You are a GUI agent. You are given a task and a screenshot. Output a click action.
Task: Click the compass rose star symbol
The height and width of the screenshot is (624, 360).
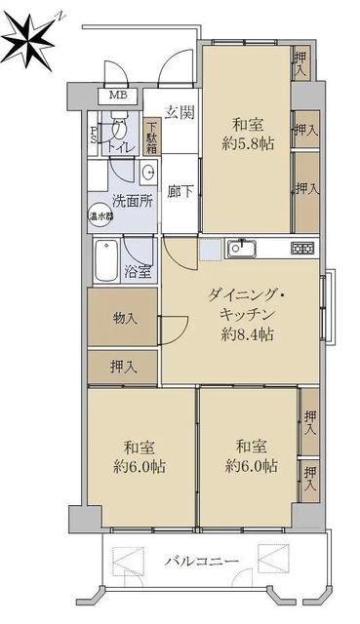pyautogui.click(x=28, y=40)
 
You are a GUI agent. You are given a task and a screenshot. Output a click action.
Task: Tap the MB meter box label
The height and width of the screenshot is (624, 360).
pyautogui.click(x=117, y=96)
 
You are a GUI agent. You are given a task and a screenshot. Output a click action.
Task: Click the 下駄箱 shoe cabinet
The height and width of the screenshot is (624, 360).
pyautogui.click(x=152, y=136)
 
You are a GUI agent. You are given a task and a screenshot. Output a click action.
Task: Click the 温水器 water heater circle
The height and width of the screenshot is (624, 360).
pyautogui.click(x=100, y=216)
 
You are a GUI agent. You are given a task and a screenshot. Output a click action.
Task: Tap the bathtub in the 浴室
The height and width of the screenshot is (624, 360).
pyautogui.click(x=106, y=260)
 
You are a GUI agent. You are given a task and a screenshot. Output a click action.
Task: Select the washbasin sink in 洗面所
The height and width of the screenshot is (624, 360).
pyautogui.click(x=149, y=173)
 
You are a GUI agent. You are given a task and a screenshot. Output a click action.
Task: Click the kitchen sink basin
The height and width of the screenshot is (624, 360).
pyautogui.click(x=241, y=249)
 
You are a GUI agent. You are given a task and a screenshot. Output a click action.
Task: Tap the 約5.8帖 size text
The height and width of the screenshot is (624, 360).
pyautogui.click(x=248, y=143)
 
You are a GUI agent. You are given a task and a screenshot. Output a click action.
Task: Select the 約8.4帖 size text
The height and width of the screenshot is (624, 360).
pyautogui.click(x=247, y=333)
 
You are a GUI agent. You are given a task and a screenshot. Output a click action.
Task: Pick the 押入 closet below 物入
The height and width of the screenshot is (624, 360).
pyautogui.click(x=123, y=368)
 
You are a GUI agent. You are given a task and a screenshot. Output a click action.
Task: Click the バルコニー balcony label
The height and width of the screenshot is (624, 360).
pyautogui.click(x=202, y=562)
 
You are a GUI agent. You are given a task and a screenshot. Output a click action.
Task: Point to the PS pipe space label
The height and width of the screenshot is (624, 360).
pyautogui.click(x=93, y=135)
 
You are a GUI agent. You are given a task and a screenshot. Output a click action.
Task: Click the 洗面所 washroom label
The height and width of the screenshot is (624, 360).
pyautogui.click(x=133, y=201)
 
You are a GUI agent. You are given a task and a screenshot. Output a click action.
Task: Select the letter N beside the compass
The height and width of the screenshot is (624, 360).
pyautogui.click(x=60, y=17)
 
